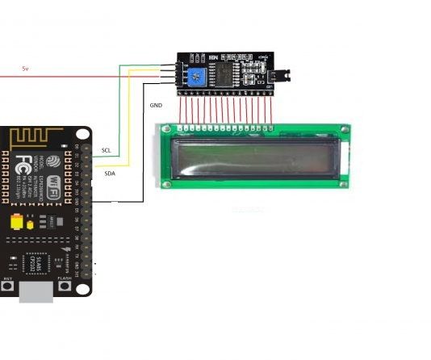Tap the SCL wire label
click(x=107, y=151)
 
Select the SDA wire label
click(x=110, y=173)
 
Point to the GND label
click(x=156, y=106)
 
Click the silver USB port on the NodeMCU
click(x=36, y=291)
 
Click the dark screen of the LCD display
click(x=255, y=159)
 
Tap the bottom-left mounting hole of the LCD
click(x=166, y=185)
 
